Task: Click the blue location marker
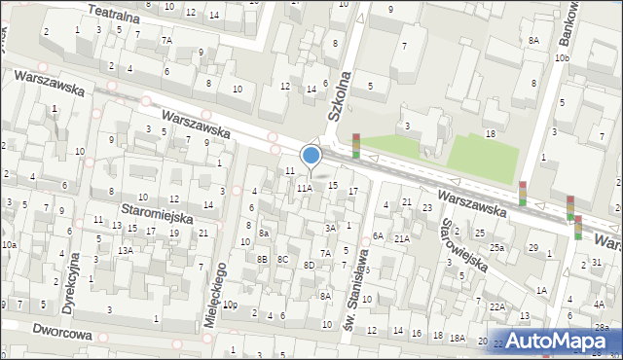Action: [311, 155]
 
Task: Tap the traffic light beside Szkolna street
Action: [356, 145]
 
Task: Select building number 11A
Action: [305, 188]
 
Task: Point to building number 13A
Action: [126, 250]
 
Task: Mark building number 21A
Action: [401, 237]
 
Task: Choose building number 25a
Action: [496, 248]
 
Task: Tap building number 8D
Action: [309, 265]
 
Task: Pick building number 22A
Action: [496, 306]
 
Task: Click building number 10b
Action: [562, 58]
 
